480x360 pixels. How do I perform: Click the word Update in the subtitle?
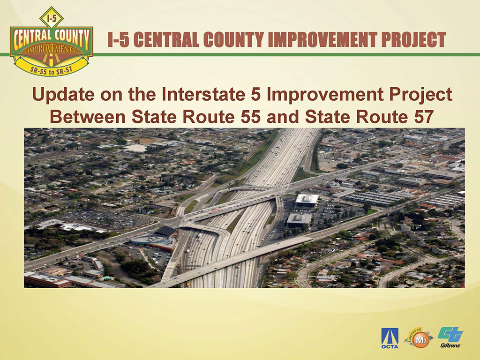coord(63,94)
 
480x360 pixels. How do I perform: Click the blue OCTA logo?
coord(390,338)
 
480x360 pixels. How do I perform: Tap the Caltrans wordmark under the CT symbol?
coord(450,345)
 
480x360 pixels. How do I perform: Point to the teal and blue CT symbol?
coord(450,334)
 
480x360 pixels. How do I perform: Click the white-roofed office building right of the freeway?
coord(307,200)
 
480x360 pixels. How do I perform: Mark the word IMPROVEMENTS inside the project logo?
coord(52,50)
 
